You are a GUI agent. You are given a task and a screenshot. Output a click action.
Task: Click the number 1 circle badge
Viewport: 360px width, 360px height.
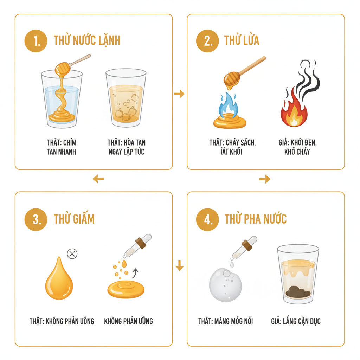coord(36,41)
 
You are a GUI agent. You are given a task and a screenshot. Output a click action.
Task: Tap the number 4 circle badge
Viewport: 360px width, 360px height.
coord(207,219)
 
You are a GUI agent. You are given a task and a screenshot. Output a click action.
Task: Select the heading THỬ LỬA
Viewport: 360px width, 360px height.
coord(242,41)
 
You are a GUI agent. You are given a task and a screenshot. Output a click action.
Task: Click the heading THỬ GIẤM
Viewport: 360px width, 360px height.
coord(74,219)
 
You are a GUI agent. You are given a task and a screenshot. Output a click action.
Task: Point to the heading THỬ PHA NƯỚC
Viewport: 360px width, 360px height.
coord(256,219)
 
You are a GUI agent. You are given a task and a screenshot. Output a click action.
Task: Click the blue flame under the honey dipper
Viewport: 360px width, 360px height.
coord(229,105)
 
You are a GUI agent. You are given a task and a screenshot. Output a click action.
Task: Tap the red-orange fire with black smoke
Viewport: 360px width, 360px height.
coord(294,110)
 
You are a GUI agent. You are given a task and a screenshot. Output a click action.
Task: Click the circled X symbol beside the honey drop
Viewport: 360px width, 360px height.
coord(72,253)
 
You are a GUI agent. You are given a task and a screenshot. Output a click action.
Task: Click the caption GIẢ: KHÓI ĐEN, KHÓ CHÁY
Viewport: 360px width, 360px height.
coord(294,147)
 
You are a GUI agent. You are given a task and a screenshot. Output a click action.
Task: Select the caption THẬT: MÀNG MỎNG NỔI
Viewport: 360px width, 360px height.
coord(225,321)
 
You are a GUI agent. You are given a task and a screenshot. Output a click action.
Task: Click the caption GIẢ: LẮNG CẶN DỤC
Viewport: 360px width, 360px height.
coord(296,321)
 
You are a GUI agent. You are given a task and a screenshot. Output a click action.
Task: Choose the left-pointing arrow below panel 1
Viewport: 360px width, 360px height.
coord(98,179)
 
